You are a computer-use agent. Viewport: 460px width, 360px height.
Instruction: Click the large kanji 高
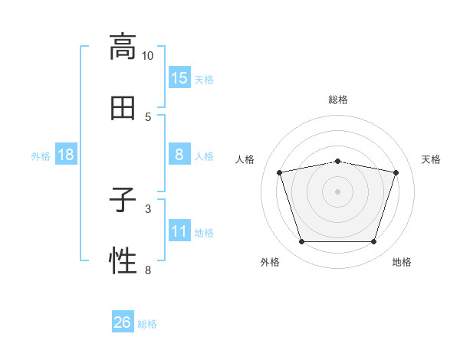pos(123,47)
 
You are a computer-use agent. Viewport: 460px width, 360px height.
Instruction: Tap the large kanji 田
pos(123,108)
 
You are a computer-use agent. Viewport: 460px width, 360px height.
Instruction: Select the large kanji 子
pos(123,199)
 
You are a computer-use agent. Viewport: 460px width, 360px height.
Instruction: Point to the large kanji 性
pos(123,260)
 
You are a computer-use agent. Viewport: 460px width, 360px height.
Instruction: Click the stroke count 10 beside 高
pos(147,56)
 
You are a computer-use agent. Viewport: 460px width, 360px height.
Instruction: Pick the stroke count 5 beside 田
pos(148,117)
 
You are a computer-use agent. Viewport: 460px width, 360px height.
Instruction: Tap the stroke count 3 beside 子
pos(148,209)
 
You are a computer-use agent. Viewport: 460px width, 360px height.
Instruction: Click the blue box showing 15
pos(179,77)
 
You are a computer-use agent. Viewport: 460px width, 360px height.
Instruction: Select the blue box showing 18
pos(66,154)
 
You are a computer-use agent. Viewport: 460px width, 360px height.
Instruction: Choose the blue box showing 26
pos(123,321)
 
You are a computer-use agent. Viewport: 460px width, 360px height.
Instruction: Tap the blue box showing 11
pos(179,230)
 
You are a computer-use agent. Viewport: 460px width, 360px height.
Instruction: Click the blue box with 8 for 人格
pos(179,154)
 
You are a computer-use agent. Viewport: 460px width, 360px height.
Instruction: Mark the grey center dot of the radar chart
pos(337,191)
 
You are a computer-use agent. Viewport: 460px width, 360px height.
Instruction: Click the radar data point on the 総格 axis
pos(337,162)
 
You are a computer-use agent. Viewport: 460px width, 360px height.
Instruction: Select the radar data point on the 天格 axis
pos(396,172)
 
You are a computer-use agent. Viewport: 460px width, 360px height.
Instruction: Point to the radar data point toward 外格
pos(302,241)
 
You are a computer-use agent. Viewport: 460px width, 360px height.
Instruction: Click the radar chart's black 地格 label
pos(402,262)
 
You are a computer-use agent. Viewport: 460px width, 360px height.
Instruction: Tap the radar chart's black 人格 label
pos(245,159)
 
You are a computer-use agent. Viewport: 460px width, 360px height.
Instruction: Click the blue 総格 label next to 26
pos(147,324)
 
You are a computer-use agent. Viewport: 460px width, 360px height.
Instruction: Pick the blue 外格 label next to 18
pos(41,156)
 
